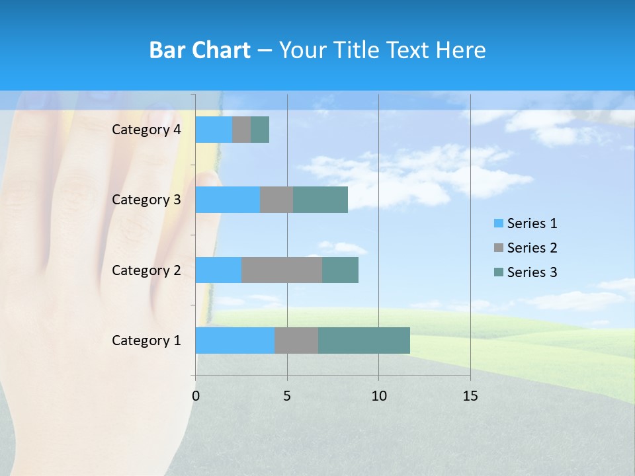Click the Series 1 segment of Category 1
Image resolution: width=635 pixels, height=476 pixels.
pyautogui.click(x=235, y=340)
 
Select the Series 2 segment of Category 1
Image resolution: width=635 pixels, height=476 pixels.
pyautogui.click(x=296, y=340)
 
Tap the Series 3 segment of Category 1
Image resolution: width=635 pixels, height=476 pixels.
pyautogui.click(x=364, y=340)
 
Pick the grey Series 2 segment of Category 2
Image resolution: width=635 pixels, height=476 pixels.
pyautogui.click(x=282, y=270)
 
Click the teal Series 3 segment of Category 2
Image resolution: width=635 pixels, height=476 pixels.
pyautogui.click(x=340, y=270)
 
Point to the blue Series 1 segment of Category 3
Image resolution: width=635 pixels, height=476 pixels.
pyautogui.click(x=228, y=200)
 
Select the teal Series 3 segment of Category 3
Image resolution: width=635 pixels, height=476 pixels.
pyautogui.click(x=320, y=200)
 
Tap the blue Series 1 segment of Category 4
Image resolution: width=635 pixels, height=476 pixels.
pyautogui.click(x=214, y=130)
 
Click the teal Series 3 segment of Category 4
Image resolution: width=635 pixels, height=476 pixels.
pyautogui.click(x=260, y=130)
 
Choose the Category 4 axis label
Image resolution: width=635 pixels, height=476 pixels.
pyautogui.click(x=146, y=130)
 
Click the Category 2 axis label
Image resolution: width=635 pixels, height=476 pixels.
pyautogui.click(x=146, y=270)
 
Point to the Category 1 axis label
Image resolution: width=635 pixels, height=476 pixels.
pyautogui.click(x=146, y=340)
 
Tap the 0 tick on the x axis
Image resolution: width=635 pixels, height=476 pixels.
pyautogui.click(x=196, y=396)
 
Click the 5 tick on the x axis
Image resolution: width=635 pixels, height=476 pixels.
pyautogui.click(x=287, y=396)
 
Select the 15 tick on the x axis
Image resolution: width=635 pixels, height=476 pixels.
pyautogui.click(x=470, y=396)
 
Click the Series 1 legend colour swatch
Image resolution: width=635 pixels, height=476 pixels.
pyautogui.click(x=498, y=223)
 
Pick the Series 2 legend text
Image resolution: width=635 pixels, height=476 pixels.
pyautogui.click(x=532, y=248)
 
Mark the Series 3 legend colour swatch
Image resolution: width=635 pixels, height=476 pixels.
pyautogui.click(x=498, y=272)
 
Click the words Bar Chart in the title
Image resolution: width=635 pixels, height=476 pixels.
pyautogui.click(x=200, y=50)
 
